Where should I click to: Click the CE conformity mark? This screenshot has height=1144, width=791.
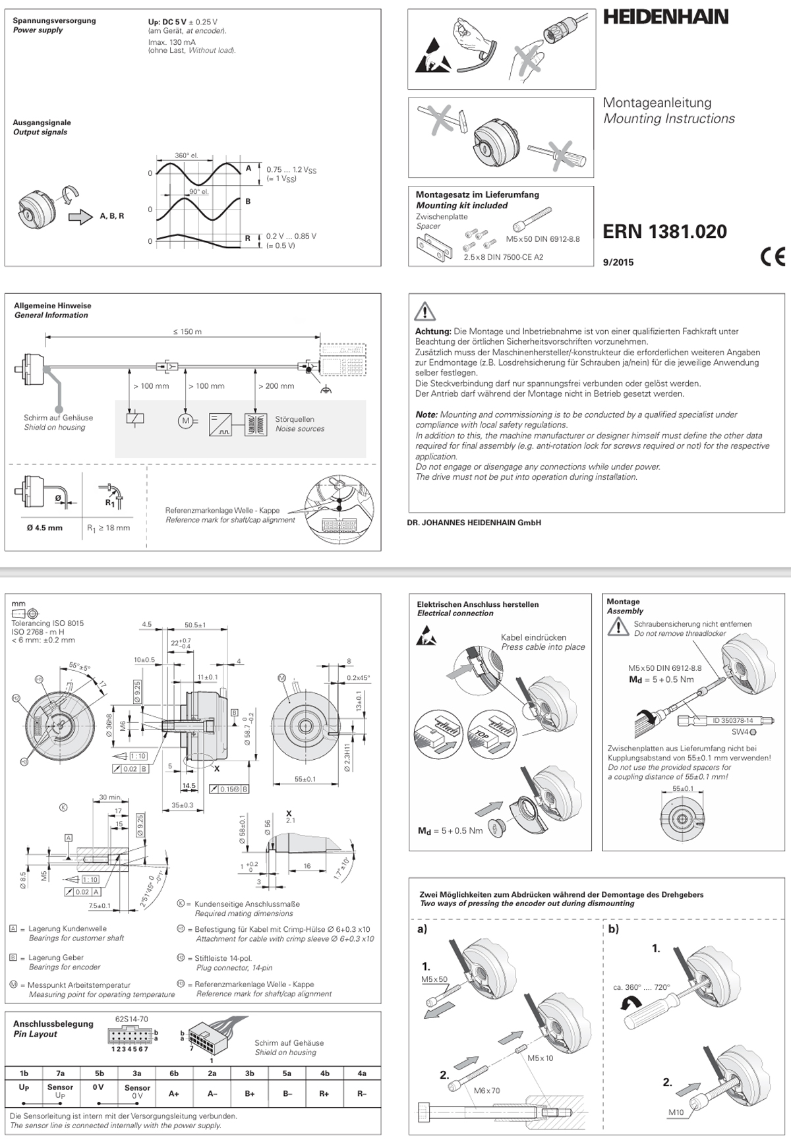point(773,256)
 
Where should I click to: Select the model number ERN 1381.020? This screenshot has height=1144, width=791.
point(664,232)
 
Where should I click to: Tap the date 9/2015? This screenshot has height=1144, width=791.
point(618,262)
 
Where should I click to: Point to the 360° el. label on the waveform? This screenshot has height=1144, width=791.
point(186,156)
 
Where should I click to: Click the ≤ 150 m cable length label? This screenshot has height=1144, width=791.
point(187,331)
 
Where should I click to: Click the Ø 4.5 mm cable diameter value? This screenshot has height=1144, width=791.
point(45,528)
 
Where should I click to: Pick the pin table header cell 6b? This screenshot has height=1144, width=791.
point(174,1073)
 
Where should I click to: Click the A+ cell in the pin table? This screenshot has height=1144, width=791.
point(174,1093)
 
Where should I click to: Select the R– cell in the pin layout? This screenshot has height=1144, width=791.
point(362,1093)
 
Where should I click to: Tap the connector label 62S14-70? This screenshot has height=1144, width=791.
point(131,1019)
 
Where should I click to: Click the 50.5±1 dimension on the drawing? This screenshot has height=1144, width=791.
point(195,625)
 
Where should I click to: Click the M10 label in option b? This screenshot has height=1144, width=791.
point(676,1112)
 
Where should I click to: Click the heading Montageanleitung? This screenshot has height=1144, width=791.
point(657,103)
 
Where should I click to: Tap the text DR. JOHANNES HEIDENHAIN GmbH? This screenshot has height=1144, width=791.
point(475,523)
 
